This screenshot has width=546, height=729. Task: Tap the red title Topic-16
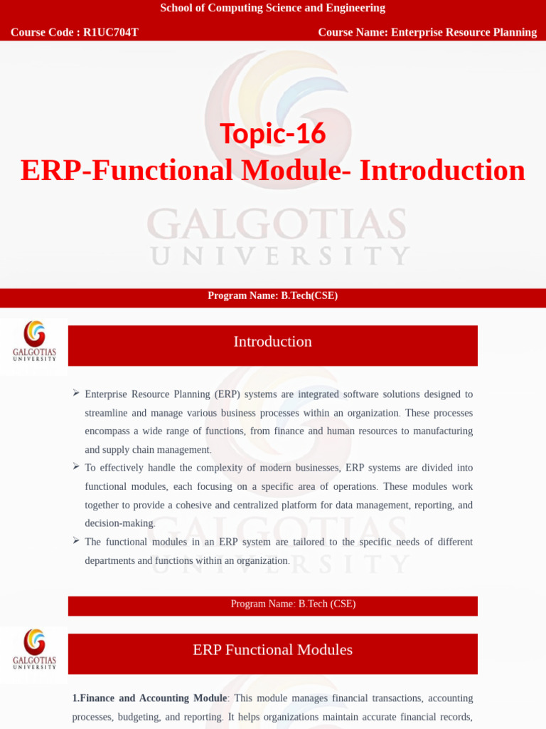[273, 133]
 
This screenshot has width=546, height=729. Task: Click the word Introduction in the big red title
[442, 170]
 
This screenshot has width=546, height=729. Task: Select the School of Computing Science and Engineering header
[273, 8]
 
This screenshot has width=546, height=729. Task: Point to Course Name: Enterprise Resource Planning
[427, 32]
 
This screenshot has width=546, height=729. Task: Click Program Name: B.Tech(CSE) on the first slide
[273, 295]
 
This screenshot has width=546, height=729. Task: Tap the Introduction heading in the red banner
[273, 342]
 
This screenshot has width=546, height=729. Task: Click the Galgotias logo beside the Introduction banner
[34, 341]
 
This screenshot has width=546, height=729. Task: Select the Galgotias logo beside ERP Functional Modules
[34, 649]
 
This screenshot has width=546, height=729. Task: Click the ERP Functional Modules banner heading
[273, 650]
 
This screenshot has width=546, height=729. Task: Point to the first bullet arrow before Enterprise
[76, 393]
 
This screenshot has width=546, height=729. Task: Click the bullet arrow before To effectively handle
[76, 466]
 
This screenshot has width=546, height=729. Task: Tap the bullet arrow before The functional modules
[76, 540]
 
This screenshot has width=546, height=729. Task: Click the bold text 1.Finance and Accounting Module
[149, 698]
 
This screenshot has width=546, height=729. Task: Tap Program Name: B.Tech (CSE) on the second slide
[293, 604]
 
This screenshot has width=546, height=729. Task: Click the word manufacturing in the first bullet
[440, 431]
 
